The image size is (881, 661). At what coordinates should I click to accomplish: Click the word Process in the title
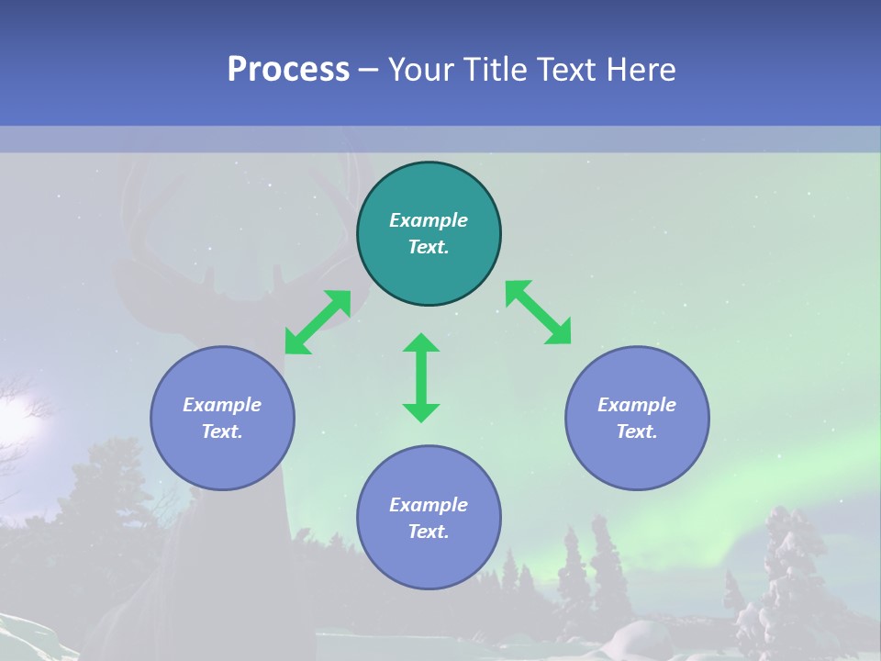pos(288,70)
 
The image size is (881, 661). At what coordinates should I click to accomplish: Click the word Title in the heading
pos(496,70)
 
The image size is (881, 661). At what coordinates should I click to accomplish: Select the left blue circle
pos(222,459)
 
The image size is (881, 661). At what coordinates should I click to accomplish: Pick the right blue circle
pos(637,459)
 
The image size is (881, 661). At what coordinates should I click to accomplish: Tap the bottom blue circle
pos(429,560)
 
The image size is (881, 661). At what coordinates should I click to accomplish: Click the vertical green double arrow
pos(421,377)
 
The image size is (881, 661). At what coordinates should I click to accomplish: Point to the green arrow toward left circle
pos(318,322)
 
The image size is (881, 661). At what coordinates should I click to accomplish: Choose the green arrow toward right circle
pos(539,312)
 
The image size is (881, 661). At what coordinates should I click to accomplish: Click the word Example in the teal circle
pos(429,220)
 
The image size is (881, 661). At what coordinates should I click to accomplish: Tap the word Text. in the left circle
pos(222,431)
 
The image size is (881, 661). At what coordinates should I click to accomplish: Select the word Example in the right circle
pos(637,405)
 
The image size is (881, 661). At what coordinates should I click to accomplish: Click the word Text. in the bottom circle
pos(429,532)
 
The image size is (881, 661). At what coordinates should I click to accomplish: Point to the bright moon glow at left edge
pos(14,418)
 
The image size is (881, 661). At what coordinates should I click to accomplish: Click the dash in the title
pos(368,70)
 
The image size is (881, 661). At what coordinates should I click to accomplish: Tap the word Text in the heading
pos(569,70)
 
